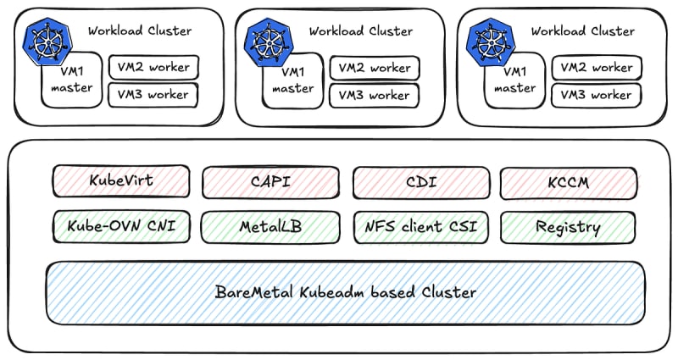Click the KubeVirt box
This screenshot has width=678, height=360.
point(121,181)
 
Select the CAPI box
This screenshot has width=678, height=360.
point(270,181)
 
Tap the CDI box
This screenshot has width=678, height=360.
point(421,181)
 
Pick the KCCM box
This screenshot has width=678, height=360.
point(569,181)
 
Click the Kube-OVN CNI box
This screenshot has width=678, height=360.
point(121,226)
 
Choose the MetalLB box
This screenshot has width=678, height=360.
point(270,226)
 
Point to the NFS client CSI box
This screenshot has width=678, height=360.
point(421,226)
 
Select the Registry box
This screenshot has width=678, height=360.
point(569,226)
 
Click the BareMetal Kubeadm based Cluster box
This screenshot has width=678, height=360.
point(345,292)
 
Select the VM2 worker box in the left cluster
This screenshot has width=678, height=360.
point(153,68)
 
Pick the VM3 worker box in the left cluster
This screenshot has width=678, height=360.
point(153,95)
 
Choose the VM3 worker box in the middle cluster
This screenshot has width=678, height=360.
point(374,95)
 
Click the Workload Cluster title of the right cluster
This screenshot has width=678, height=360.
point(582,31)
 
